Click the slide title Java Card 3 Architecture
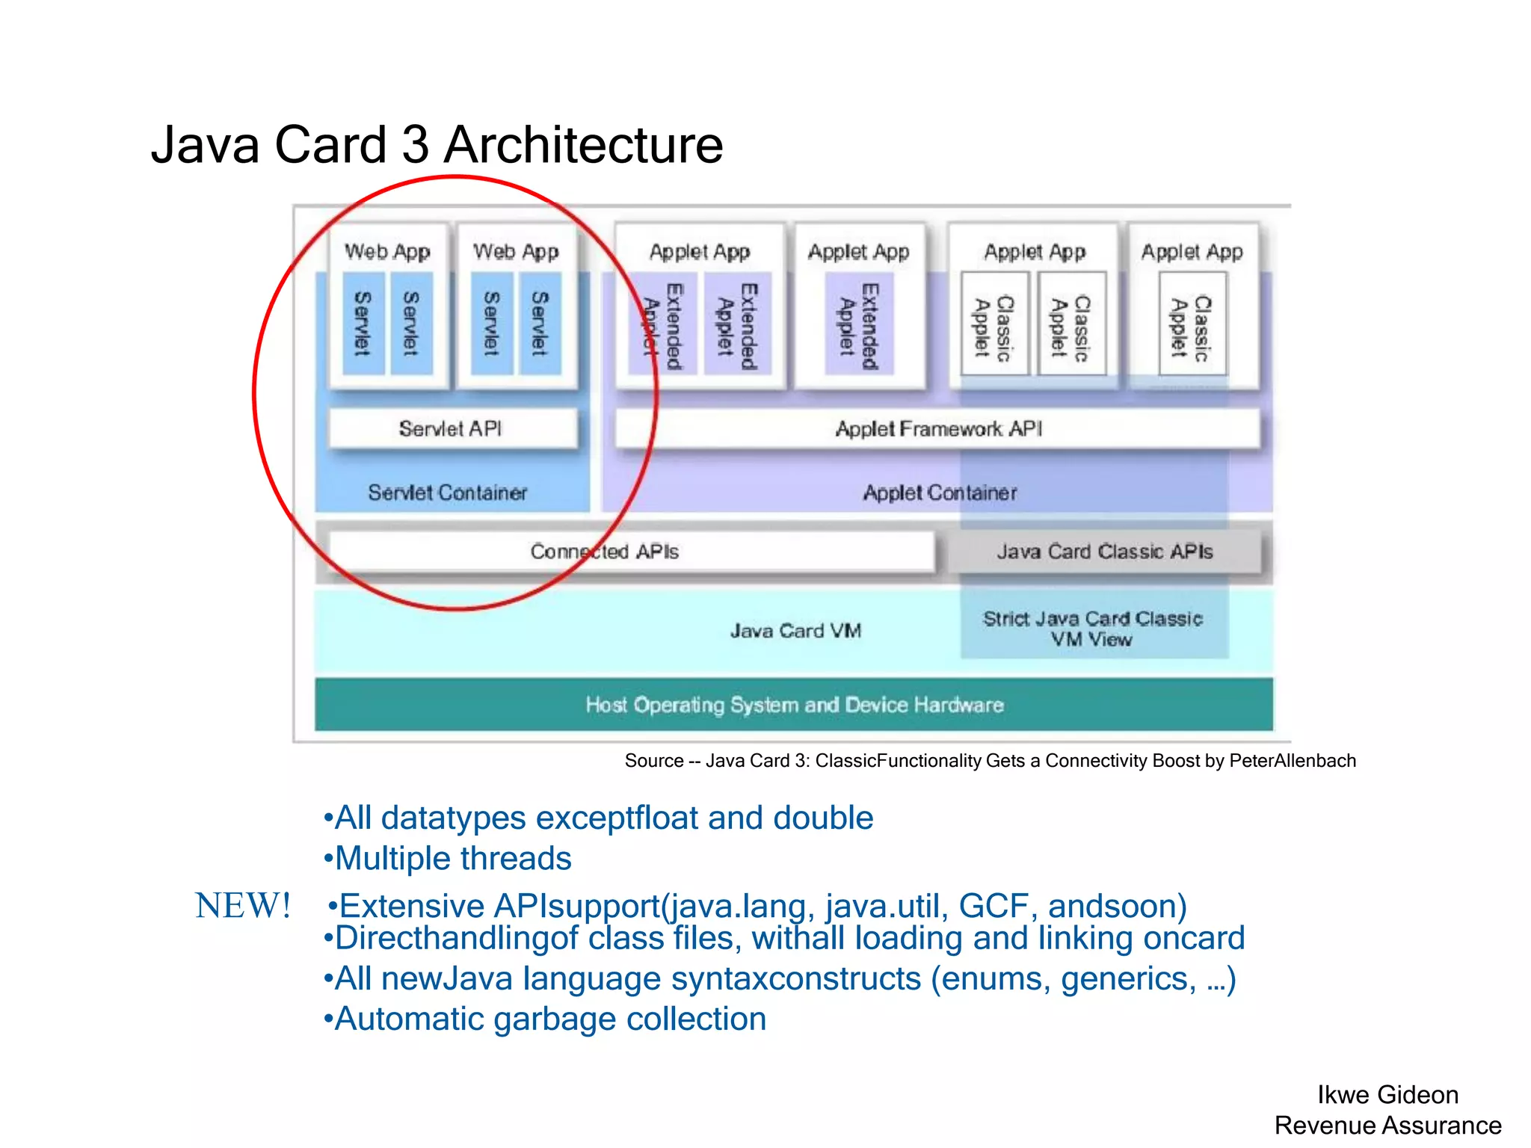[437, 144]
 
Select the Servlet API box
[452, 428]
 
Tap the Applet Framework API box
[937, 428]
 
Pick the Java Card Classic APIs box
[1104, 552]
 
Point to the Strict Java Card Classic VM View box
[1093, 629]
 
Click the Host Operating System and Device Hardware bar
[793, 704]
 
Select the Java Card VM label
[795, 631]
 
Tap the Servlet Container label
[447, 493]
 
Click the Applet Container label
[940, 493]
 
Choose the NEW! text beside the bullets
[242, 906]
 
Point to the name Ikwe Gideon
[1387, 1094]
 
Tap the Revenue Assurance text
[1387, 1125]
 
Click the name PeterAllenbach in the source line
[1292, 761]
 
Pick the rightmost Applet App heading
[1192, 252]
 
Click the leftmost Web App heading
[387, 252]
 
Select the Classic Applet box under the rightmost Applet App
[1192, 324]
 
